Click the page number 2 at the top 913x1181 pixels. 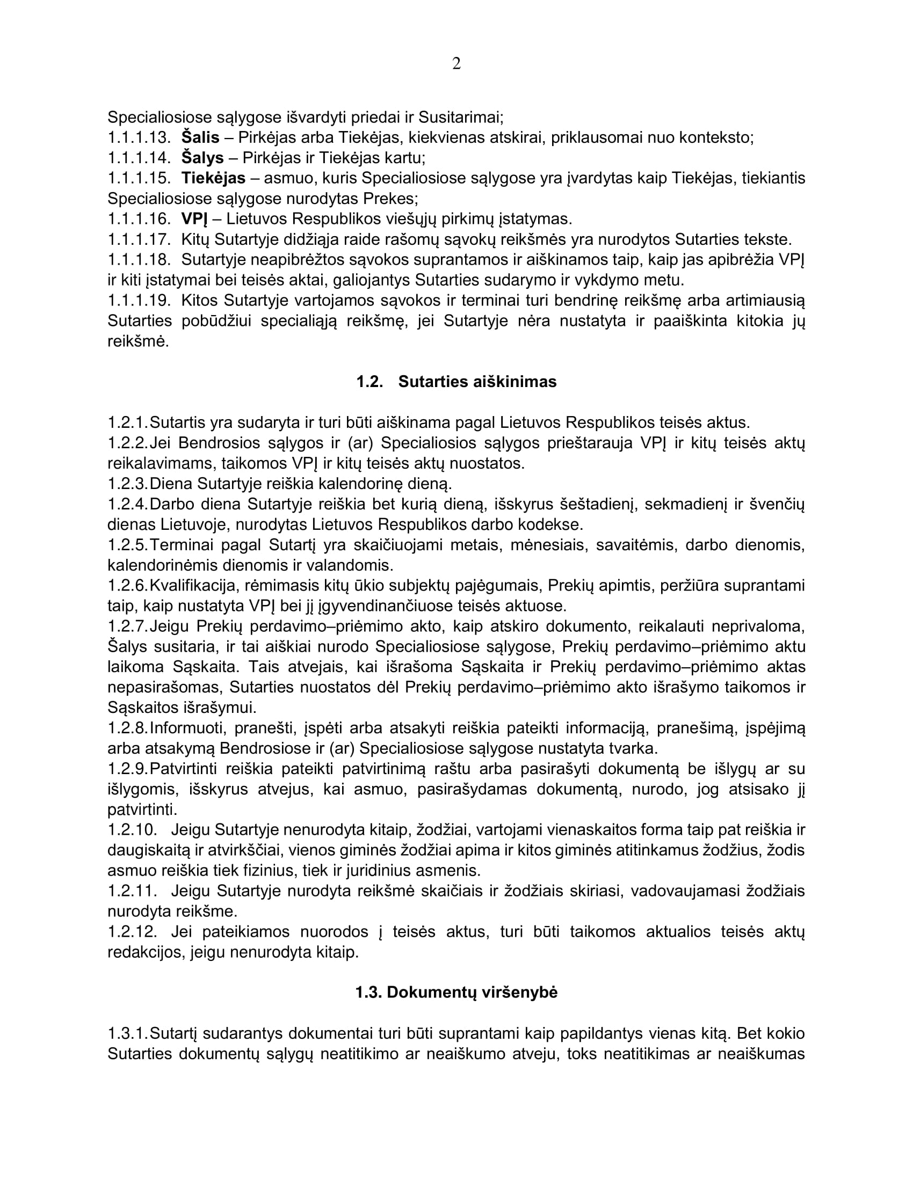pos(457,64)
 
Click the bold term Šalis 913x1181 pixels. pos(200,138)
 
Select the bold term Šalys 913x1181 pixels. pos(202,158)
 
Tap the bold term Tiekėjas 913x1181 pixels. pos(213,178)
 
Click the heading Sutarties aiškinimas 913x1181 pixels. pos(477,382)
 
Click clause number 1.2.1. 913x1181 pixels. pos(128,422)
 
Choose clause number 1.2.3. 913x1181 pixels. pos(128,484)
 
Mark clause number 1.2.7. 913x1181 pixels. pos(128,626)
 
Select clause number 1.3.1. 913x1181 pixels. pos(128,1034)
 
